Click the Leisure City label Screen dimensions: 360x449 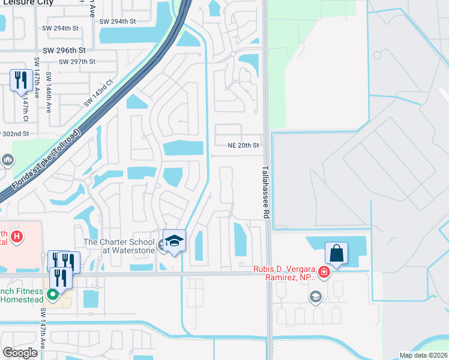35,2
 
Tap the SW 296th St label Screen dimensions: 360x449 64,51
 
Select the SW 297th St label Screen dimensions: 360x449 75,61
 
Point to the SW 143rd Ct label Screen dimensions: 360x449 98,93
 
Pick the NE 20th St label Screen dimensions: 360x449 243,145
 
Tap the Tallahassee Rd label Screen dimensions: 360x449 265,192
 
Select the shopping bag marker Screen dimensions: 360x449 336,253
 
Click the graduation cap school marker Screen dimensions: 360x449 174,241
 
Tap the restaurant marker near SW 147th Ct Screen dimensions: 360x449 21,80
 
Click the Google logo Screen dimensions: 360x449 20,353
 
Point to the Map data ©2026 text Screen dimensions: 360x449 424,355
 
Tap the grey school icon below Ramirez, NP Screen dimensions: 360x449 315,296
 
